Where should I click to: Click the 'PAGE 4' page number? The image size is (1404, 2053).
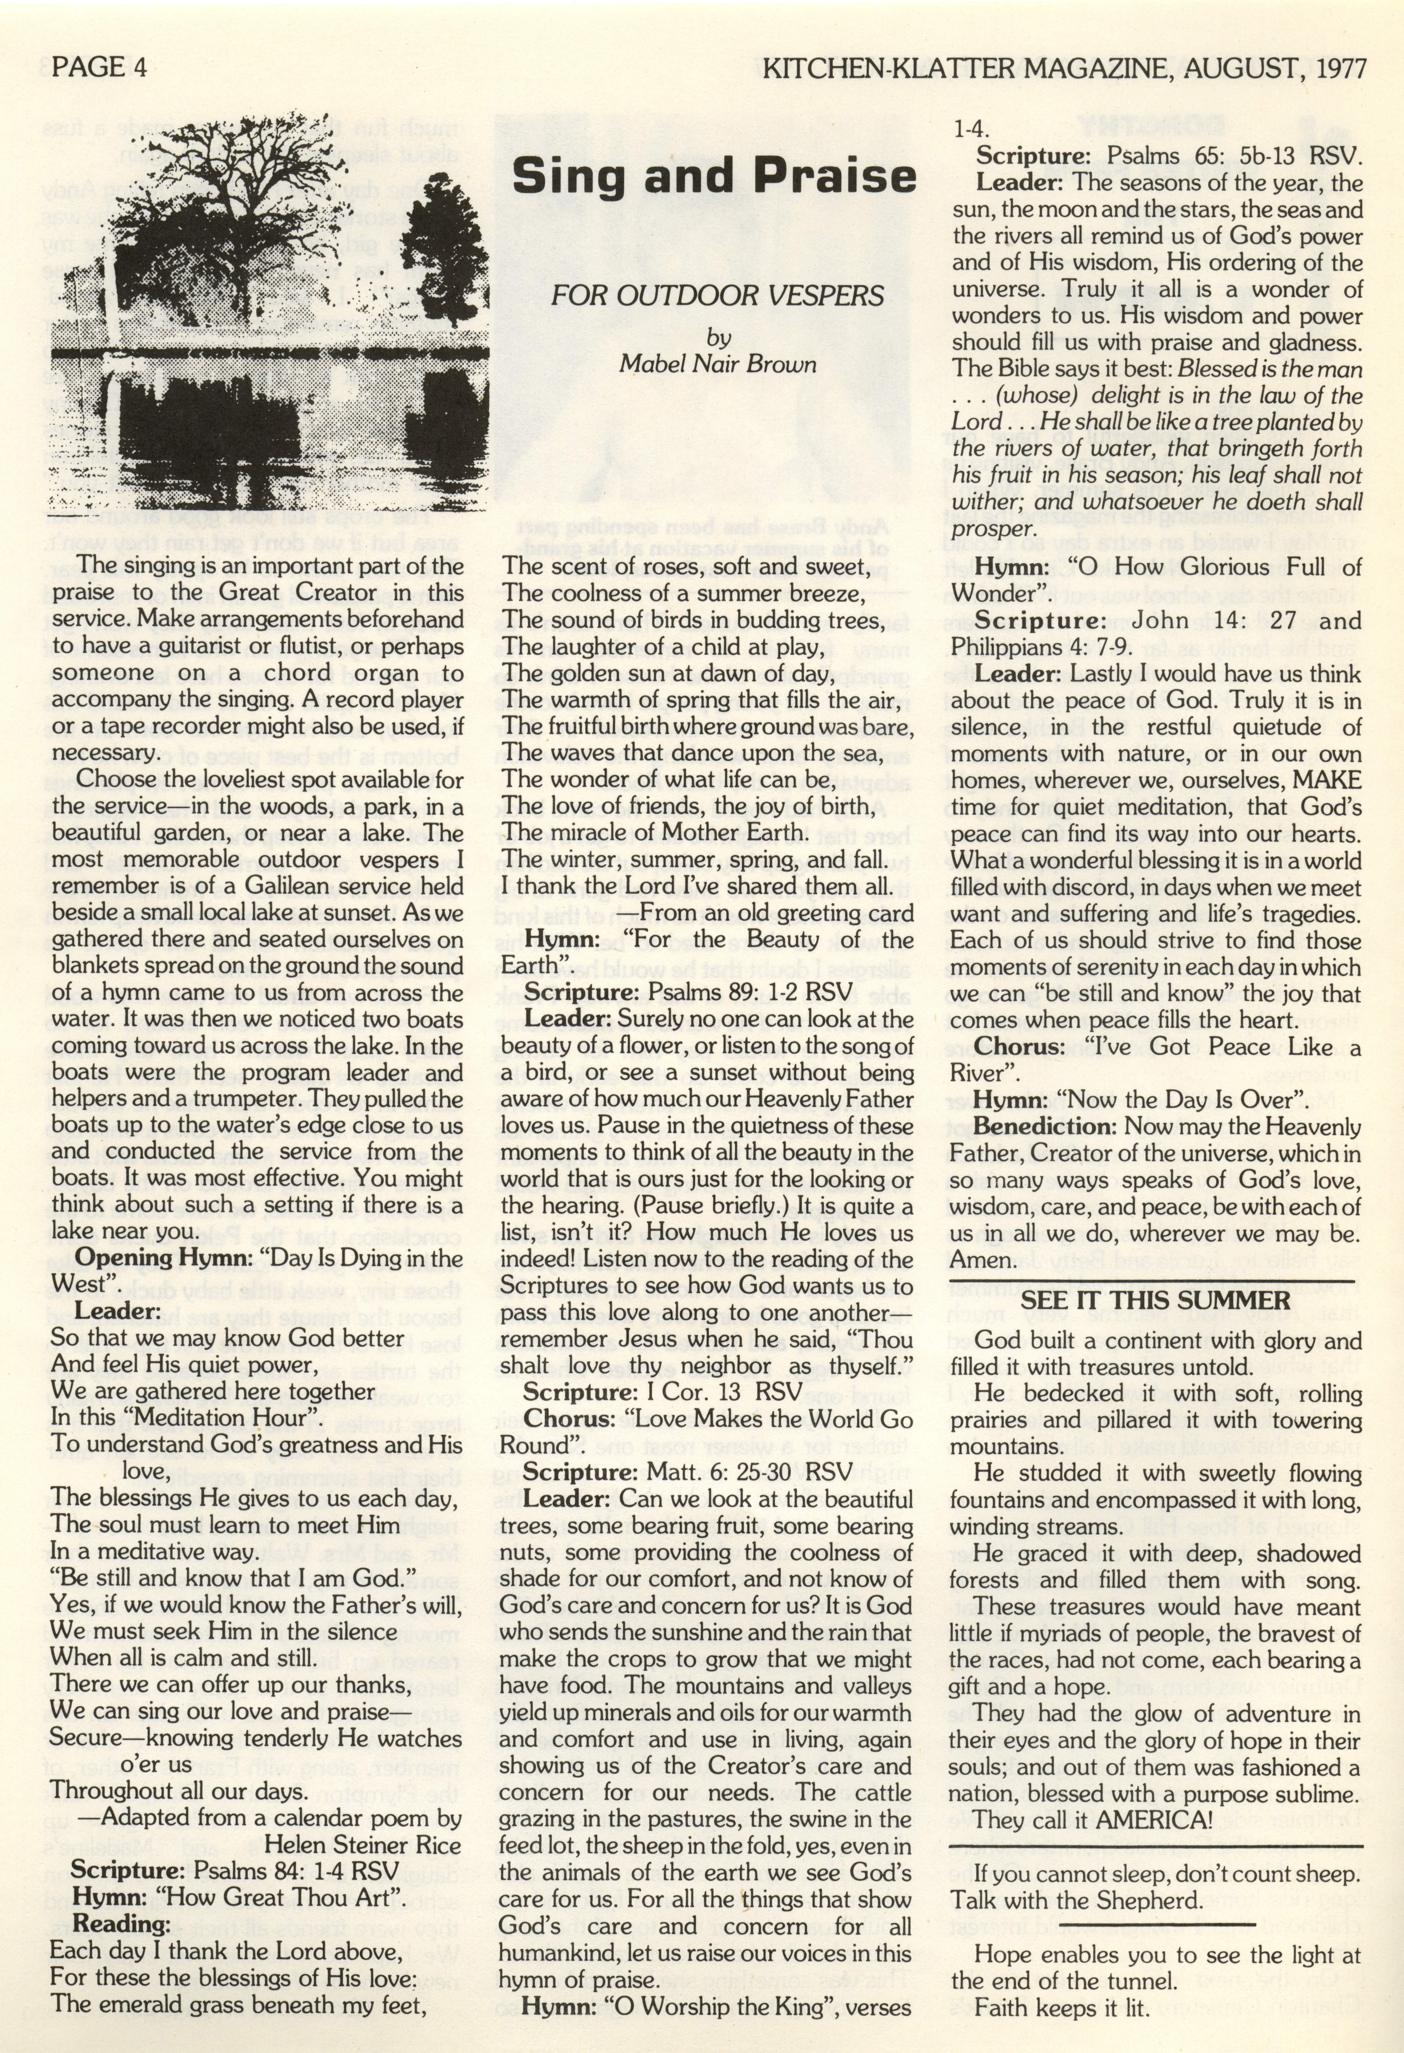tap(99, 67)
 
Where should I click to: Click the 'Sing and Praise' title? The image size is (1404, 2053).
tap(714, 175)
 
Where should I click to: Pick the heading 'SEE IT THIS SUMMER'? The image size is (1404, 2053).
tap(1155, 1300)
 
